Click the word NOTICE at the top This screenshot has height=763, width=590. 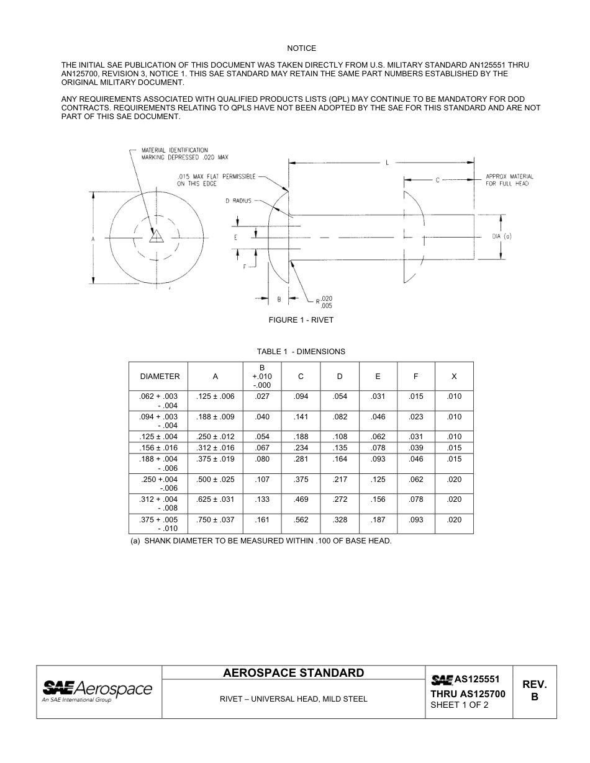pos(301,48)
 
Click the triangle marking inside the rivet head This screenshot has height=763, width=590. pos(157,236)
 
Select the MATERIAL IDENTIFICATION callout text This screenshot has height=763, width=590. pos(184,154)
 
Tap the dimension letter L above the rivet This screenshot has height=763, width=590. pos(387,163)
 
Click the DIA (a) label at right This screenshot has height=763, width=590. pos(501,236)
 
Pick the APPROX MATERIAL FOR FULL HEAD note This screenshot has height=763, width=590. pos(509,180)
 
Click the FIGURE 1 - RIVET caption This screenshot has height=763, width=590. pos(301,320)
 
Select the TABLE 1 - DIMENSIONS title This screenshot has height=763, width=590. pos(301,352)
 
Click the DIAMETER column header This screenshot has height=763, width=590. pos(160,377)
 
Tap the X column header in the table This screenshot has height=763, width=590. pos(454,377)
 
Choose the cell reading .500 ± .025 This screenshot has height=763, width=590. pos(215,480)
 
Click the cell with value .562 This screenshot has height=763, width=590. pos(301,520)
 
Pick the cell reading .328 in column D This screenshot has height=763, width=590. pos(340,520)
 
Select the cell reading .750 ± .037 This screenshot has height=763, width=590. pos(215,520)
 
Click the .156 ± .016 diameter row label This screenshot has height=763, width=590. pos(160,448)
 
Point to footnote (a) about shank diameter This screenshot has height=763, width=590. pos(261,541)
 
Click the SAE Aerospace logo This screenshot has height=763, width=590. pos(98,691)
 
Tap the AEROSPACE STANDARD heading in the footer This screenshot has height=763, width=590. pos(293,673)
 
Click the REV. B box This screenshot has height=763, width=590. pos(534,691)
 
